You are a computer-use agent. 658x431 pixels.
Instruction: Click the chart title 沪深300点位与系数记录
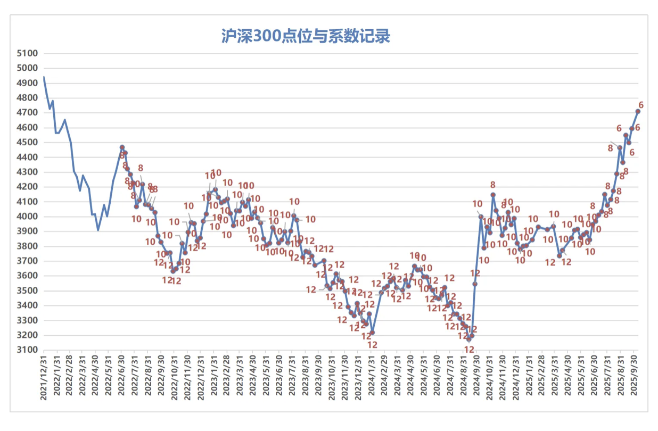(x=306, y=36)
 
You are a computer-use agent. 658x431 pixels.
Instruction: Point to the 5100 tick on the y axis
(x=29, y=53)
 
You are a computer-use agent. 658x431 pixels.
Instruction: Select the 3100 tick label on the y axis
(x=29, y=350)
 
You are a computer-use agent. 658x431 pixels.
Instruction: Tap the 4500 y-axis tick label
(x=29, y=142)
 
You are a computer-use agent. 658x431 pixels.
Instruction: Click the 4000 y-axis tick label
(x=29, y=217)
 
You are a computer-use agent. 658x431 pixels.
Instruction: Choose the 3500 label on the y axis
(x=29, y=291)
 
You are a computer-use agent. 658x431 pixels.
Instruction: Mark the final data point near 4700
(x=638, y=111)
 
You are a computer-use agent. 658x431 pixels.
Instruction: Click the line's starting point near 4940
(x=44, y=77)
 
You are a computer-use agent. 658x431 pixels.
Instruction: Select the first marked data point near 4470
(x=122, y=147)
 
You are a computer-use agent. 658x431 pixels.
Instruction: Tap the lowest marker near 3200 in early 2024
(x=372, y=333)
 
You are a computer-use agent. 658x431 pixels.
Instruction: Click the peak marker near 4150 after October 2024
(x=493, y=195)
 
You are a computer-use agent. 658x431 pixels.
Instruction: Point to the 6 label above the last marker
(x=641, y=104)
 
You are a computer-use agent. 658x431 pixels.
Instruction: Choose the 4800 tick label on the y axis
(x=29, y=98)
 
